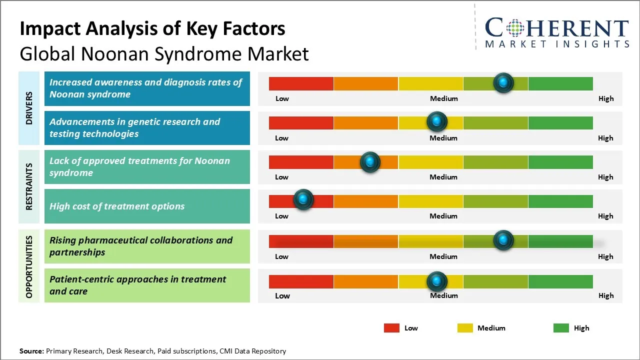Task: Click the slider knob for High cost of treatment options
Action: click(303, 199)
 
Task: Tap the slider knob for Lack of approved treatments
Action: click(370, 161)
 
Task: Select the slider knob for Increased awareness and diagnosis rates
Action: click(503, 82)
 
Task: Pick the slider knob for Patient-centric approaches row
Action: click(437, 281)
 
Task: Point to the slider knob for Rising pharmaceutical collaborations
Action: click(503, 240)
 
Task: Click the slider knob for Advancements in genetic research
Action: click(437, 121)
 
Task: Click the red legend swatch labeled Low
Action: click(391, 328)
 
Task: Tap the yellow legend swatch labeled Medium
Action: click(465, 328)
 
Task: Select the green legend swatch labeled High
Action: click(561, 328)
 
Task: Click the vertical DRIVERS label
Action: click(29, 108)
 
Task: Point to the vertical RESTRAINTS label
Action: click(29, 186)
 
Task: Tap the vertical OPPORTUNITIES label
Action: click(29, 266)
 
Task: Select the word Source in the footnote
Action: click(31, 351)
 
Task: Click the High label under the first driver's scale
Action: click(606, 98)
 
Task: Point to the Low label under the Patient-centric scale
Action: click(282, 295)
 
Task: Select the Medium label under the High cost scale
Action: click(443, 216)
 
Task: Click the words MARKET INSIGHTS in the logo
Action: click(557, 44)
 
